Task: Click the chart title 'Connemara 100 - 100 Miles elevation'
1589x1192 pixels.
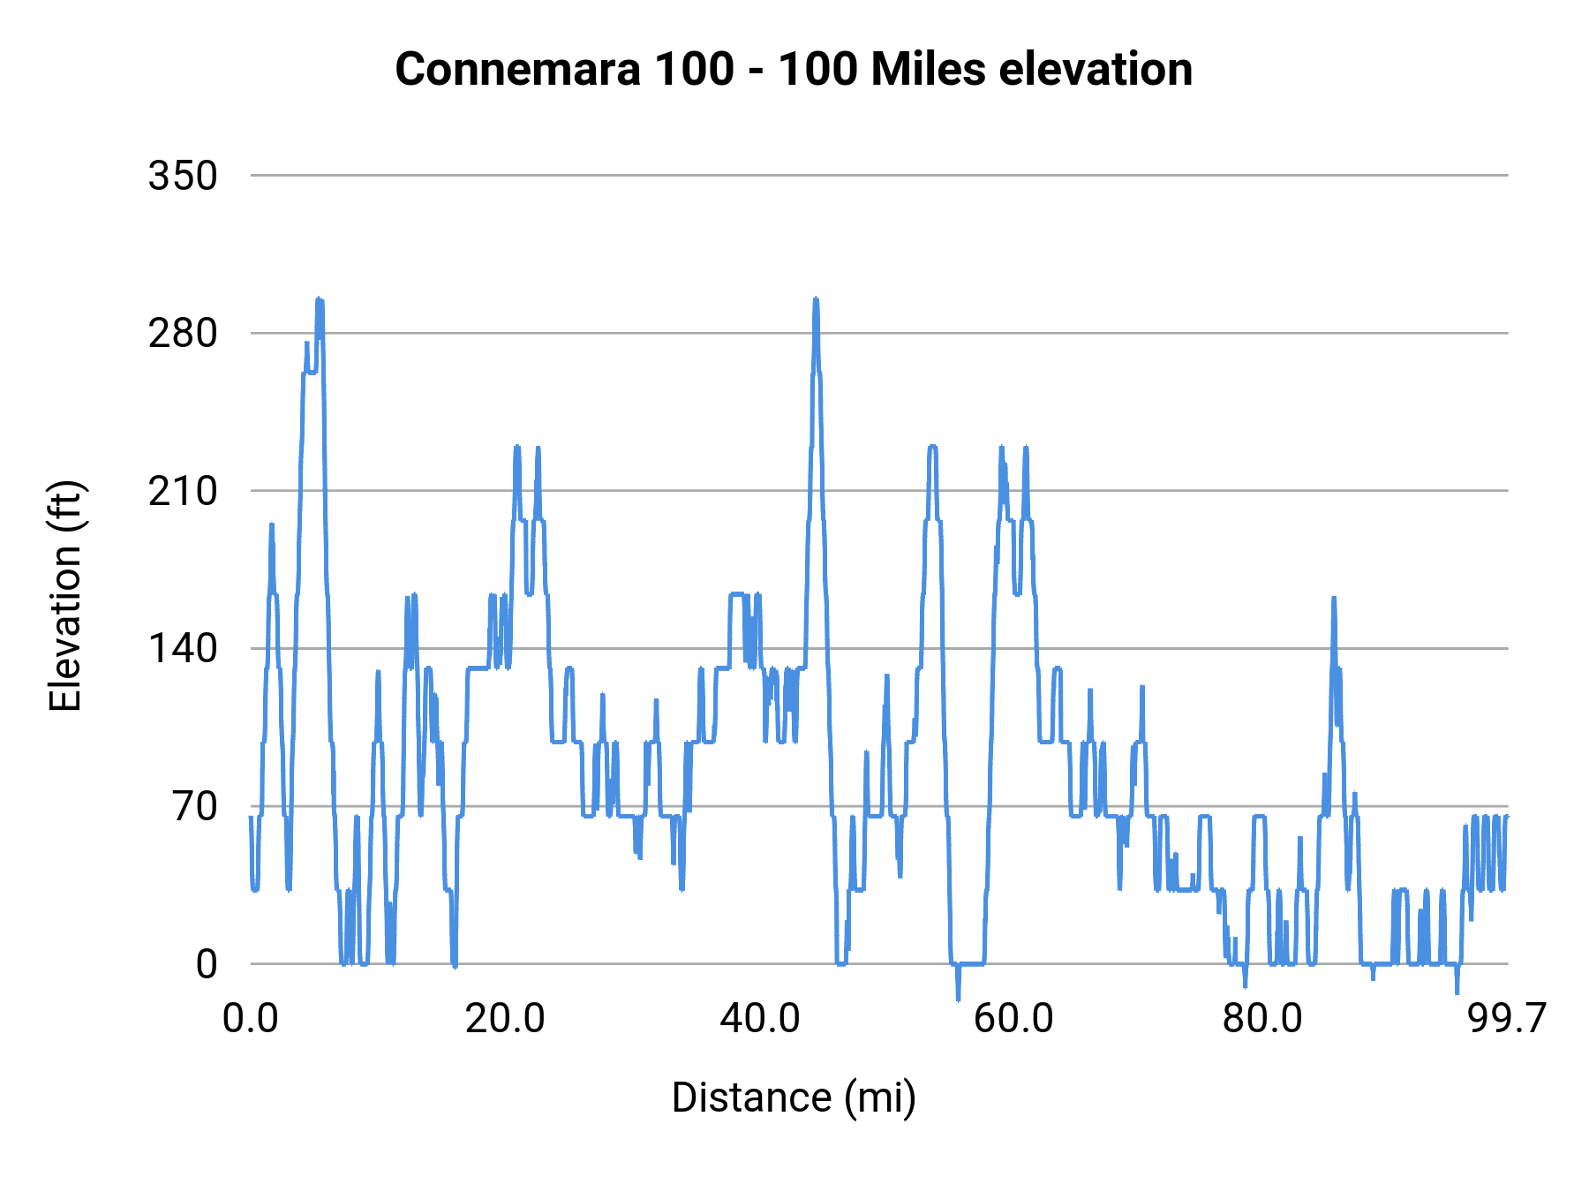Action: [793, 69]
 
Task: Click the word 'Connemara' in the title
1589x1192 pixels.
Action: [517, 69]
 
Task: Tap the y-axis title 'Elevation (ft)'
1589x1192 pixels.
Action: [65, 596]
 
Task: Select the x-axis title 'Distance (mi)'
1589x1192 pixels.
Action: [793, 1098]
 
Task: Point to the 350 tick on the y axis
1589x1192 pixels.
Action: [183, 176]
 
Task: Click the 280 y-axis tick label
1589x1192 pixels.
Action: [183, 334]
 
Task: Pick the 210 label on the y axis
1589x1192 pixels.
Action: [183, 491]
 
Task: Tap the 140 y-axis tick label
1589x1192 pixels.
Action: [183, 649]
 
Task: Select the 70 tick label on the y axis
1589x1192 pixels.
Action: [195, 806]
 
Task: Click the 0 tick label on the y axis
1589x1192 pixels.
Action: [207, 964]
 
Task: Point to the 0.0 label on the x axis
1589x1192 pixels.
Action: [251, 1018]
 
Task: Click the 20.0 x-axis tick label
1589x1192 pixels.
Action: [505, 1018]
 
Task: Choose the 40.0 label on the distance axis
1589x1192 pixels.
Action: [759, 1018]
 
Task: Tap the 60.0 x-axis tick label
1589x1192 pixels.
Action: [1013, 1018]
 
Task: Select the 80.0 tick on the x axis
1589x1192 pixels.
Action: [1261, 1018]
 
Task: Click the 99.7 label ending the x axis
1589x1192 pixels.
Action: [1507, 1018]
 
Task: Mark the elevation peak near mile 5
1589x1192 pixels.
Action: [319, 301]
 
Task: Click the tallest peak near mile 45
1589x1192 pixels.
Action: [816, 300]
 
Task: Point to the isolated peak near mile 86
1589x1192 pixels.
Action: [1334, 600]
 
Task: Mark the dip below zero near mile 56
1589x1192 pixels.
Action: [958, 998]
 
